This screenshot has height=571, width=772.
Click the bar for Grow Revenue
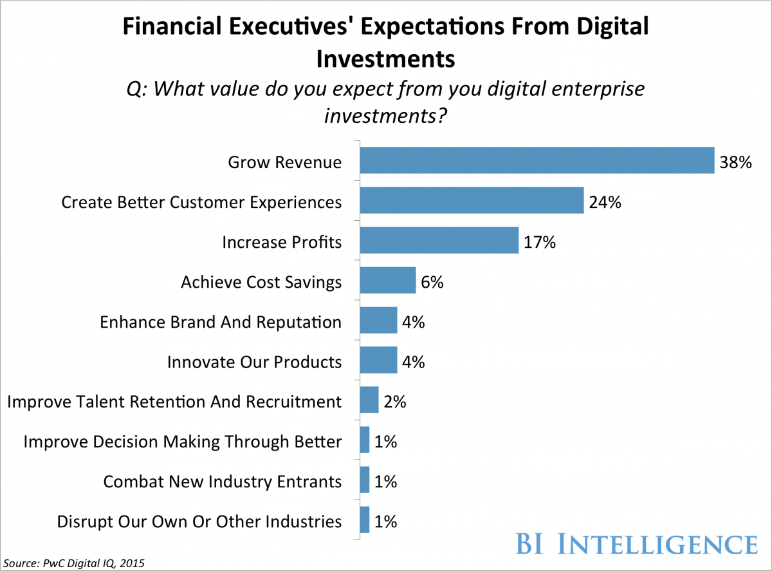[x=537, y=160]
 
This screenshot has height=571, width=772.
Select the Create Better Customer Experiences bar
[x=472, y=201]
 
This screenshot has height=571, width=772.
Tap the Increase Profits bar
[x=439, y=241]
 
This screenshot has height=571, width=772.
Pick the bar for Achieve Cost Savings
[x=387, y=281]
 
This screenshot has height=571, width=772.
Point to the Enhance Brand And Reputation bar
[x=378, y=321]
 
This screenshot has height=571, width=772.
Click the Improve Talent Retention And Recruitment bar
[x=369, y=401]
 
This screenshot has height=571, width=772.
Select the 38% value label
[x=736, y=162]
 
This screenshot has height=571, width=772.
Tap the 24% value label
[x=605, y=202]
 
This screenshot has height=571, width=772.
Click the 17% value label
[x=539, y=243]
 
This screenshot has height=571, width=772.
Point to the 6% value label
[x=432, y=283]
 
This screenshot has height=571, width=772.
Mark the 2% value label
[x=395, y=402]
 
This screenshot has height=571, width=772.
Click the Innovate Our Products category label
[x=254, y=362]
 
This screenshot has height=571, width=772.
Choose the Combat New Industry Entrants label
[x=223, y=481]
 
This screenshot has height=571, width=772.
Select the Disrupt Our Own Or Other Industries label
[x=199, y=521]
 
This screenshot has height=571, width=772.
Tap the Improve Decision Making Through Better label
[x=183, y=442]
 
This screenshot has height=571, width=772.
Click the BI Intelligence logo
[x=636, y=544]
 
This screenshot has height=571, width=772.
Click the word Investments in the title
[x=385, y=59]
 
